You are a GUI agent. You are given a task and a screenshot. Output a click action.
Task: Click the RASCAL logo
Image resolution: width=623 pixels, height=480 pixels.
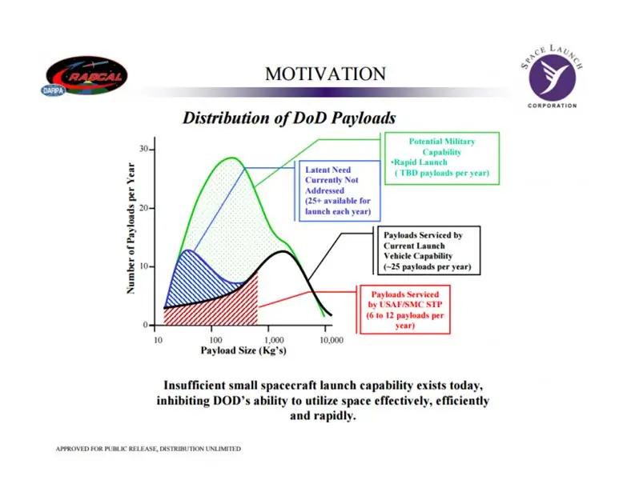point(86,75)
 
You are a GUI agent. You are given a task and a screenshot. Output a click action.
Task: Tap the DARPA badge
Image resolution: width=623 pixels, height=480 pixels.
point(53,91)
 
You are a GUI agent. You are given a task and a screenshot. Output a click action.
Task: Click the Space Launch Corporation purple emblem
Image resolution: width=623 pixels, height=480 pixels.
point(553,78)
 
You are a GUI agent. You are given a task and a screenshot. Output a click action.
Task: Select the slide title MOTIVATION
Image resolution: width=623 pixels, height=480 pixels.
point(325,74)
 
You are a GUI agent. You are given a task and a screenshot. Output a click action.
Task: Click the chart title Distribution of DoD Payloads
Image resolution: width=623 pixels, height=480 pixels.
point(289,118)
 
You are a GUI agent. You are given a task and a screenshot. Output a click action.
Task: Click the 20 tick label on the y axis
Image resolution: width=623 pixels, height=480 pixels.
point(144,208)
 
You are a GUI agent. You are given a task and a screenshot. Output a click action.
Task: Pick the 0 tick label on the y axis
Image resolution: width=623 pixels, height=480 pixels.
point(146,325)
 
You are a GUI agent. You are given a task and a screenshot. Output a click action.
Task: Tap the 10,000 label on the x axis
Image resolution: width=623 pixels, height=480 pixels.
point(332,340)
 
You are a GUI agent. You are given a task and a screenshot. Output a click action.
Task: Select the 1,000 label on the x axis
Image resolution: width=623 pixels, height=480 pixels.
point(274,340)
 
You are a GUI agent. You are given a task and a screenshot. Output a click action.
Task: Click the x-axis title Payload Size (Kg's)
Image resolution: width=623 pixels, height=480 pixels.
point(243,350)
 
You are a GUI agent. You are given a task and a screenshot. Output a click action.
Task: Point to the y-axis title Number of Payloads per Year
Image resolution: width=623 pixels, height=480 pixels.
point(131,228)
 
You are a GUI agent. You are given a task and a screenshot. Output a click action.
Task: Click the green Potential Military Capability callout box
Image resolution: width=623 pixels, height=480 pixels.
point(442,158)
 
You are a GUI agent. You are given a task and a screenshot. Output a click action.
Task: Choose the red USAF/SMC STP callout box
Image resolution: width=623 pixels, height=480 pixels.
point(405,310)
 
